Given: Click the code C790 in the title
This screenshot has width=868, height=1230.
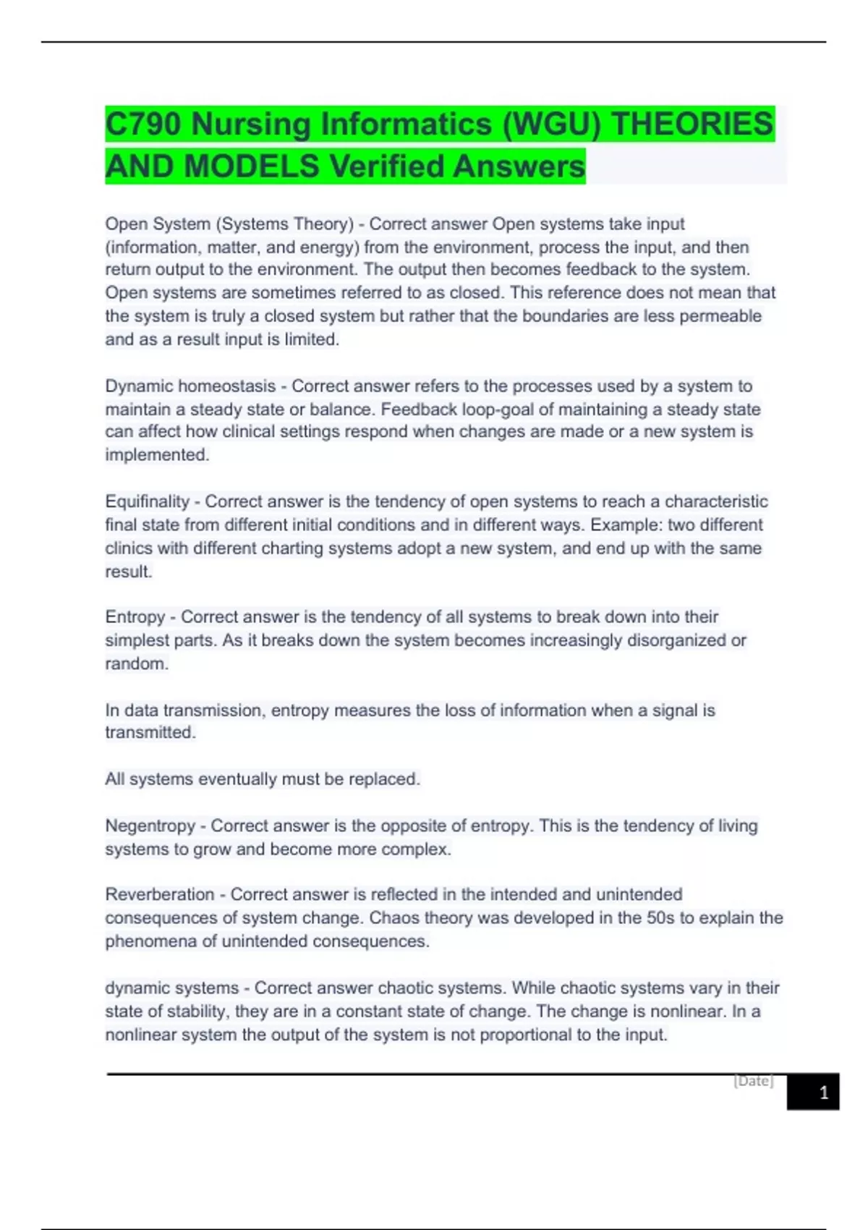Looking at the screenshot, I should coord(142,124).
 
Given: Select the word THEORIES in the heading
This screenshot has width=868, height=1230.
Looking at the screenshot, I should coord(692,124).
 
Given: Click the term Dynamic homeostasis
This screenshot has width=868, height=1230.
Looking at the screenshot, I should coord(190,386).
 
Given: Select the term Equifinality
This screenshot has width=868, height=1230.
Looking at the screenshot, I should coord(147,501).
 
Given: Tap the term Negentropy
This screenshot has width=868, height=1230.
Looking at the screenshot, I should coord(150,826).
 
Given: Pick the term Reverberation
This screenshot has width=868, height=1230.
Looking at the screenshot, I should coord(160,894).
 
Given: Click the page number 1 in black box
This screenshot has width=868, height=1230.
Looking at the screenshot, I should coord(823,1093).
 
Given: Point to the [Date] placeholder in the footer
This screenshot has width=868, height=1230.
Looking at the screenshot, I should coord(754,1081).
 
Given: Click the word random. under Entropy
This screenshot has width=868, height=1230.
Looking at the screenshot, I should coord(137,663).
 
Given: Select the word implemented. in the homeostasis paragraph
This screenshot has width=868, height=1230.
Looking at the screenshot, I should coord(157,455).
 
